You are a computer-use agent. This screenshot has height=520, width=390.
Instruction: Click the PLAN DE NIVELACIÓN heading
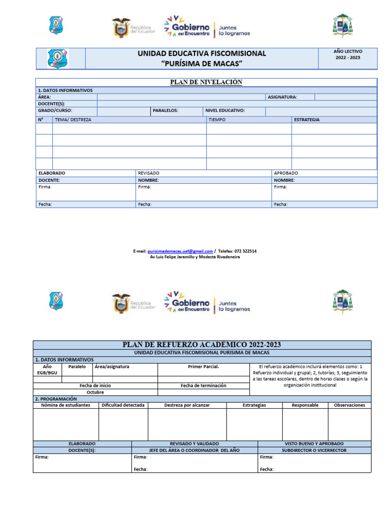point(206,82)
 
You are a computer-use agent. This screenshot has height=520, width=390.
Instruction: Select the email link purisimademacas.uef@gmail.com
point(180,251)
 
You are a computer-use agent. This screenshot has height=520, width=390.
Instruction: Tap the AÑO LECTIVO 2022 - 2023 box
point(348,55)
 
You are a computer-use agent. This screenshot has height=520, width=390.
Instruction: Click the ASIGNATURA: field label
point(282,97)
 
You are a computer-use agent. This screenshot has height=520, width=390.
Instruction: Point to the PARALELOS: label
point(166,110)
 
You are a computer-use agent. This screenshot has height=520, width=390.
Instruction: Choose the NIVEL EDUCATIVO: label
point(225,110)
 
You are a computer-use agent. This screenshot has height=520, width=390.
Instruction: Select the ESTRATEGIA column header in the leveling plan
point(307,120)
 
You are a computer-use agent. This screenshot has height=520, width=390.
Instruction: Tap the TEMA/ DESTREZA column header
point(73,120)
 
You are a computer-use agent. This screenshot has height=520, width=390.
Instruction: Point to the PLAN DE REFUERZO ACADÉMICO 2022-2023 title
point(202,345)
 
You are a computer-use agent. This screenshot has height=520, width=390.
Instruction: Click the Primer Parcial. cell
point(203,366)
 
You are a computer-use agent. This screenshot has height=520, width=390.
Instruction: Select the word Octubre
point(95,392)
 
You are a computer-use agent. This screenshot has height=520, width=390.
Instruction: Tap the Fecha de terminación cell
point(203,385)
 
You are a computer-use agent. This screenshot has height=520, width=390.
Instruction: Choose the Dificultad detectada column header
point(123,405)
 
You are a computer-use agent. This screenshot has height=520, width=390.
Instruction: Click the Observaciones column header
point(349,405)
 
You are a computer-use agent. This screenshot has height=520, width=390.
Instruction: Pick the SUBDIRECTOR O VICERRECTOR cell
point(314,450)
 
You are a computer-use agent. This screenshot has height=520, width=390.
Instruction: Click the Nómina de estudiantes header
point(66,405)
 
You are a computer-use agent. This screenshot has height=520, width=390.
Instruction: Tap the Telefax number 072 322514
point(245,251)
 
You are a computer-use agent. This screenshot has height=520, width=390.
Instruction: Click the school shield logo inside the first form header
point(57,58)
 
